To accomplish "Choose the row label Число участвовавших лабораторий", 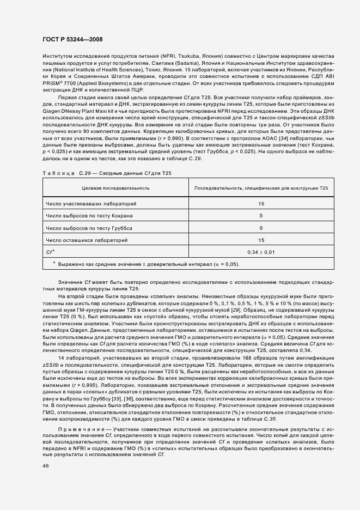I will click(91, 204).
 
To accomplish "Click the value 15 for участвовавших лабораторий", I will click(261, 204).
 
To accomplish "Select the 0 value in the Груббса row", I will click(261, 228).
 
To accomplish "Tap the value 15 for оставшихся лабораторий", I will click(261, 240).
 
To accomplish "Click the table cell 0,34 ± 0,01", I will click(261, 252).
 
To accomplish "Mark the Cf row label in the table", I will click(50, 252).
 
